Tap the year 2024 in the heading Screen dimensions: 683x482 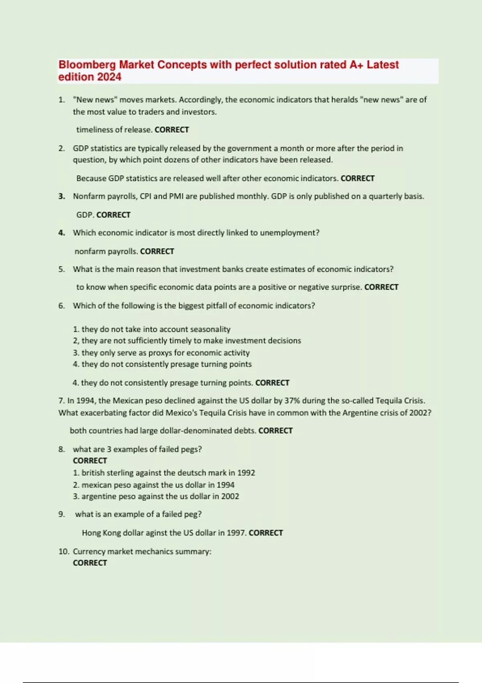pos(109,77)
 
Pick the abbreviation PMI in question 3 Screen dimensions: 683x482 pos(176,196)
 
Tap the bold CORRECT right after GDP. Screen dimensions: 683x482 pos(114,215)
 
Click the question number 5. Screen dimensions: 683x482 pos(61,269)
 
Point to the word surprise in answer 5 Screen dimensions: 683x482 pos(347,287)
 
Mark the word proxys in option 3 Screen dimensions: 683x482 pos(160,353)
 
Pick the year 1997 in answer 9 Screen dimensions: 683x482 pos(236,533)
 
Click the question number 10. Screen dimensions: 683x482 pos(63,552)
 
